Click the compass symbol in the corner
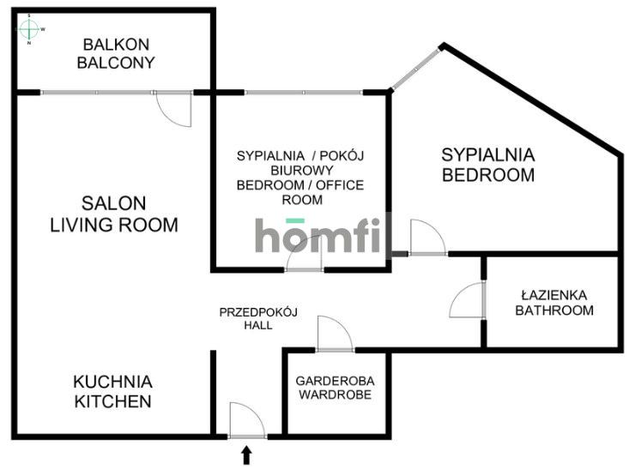point(31,29)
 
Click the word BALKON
point(116,45)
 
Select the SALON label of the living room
point(114,204)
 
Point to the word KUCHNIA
point(112,382)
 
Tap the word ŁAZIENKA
point(553,294)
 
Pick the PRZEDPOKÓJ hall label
point(257,312)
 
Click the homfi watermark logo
point(323,236)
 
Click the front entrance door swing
point(247,420)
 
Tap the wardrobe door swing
point(335,334)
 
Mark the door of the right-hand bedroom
point(426,238)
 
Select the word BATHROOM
point(553,310)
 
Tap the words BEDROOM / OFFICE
point(300,185)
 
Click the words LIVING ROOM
point(114,226)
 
